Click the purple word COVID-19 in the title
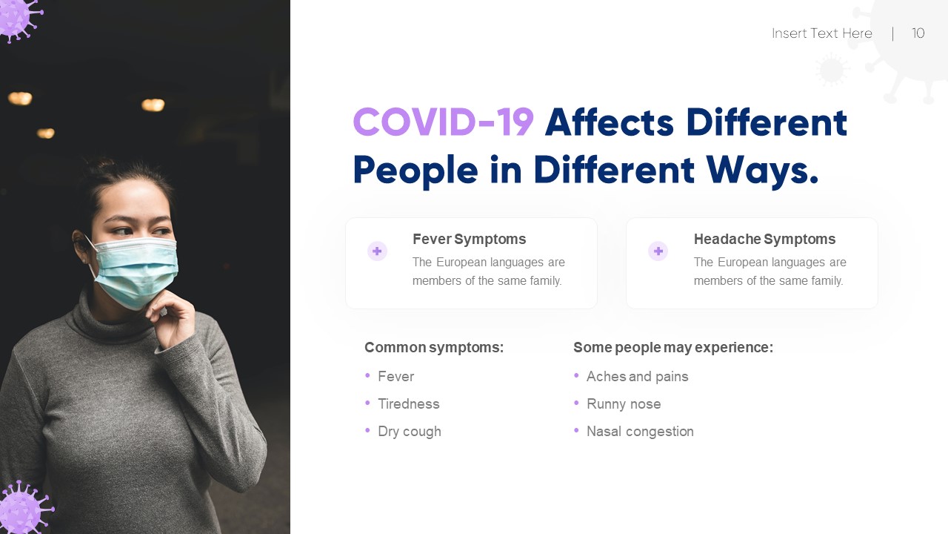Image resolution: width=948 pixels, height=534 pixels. (443, 122)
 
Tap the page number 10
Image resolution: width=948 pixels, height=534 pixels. (918, 33)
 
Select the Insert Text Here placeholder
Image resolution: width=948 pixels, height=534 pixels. (821, 33)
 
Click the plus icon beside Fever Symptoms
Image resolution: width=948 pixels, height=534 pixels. (377, 251)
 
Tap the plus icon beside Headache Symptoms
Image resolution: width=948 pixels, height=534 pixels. (658, 251)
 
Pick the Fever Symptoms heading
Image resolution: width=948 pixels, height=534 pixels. (469, 239)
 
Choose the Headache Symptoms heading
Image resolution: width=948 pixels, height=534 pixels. (764, 239)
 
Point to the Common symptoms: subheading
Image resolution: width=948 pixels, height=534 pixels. (434, 347)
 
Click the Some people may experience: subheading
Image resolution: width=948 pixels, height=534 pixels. (672, 347)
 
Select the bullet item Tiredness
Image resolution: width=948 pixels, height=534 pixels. (408, 403)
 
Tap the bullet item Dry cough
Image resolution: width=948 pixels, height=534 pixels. (409, 431)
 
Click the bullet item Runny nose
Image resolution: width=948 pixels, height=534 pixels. (624, 403)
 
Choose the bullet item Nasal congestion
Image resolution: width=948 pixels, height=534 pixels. (640, 431)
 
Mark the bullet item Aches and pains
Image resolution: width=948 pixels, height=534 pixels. (637, 376)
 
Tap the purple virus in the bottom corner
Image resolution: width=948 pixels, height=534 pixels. (21, 510)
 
